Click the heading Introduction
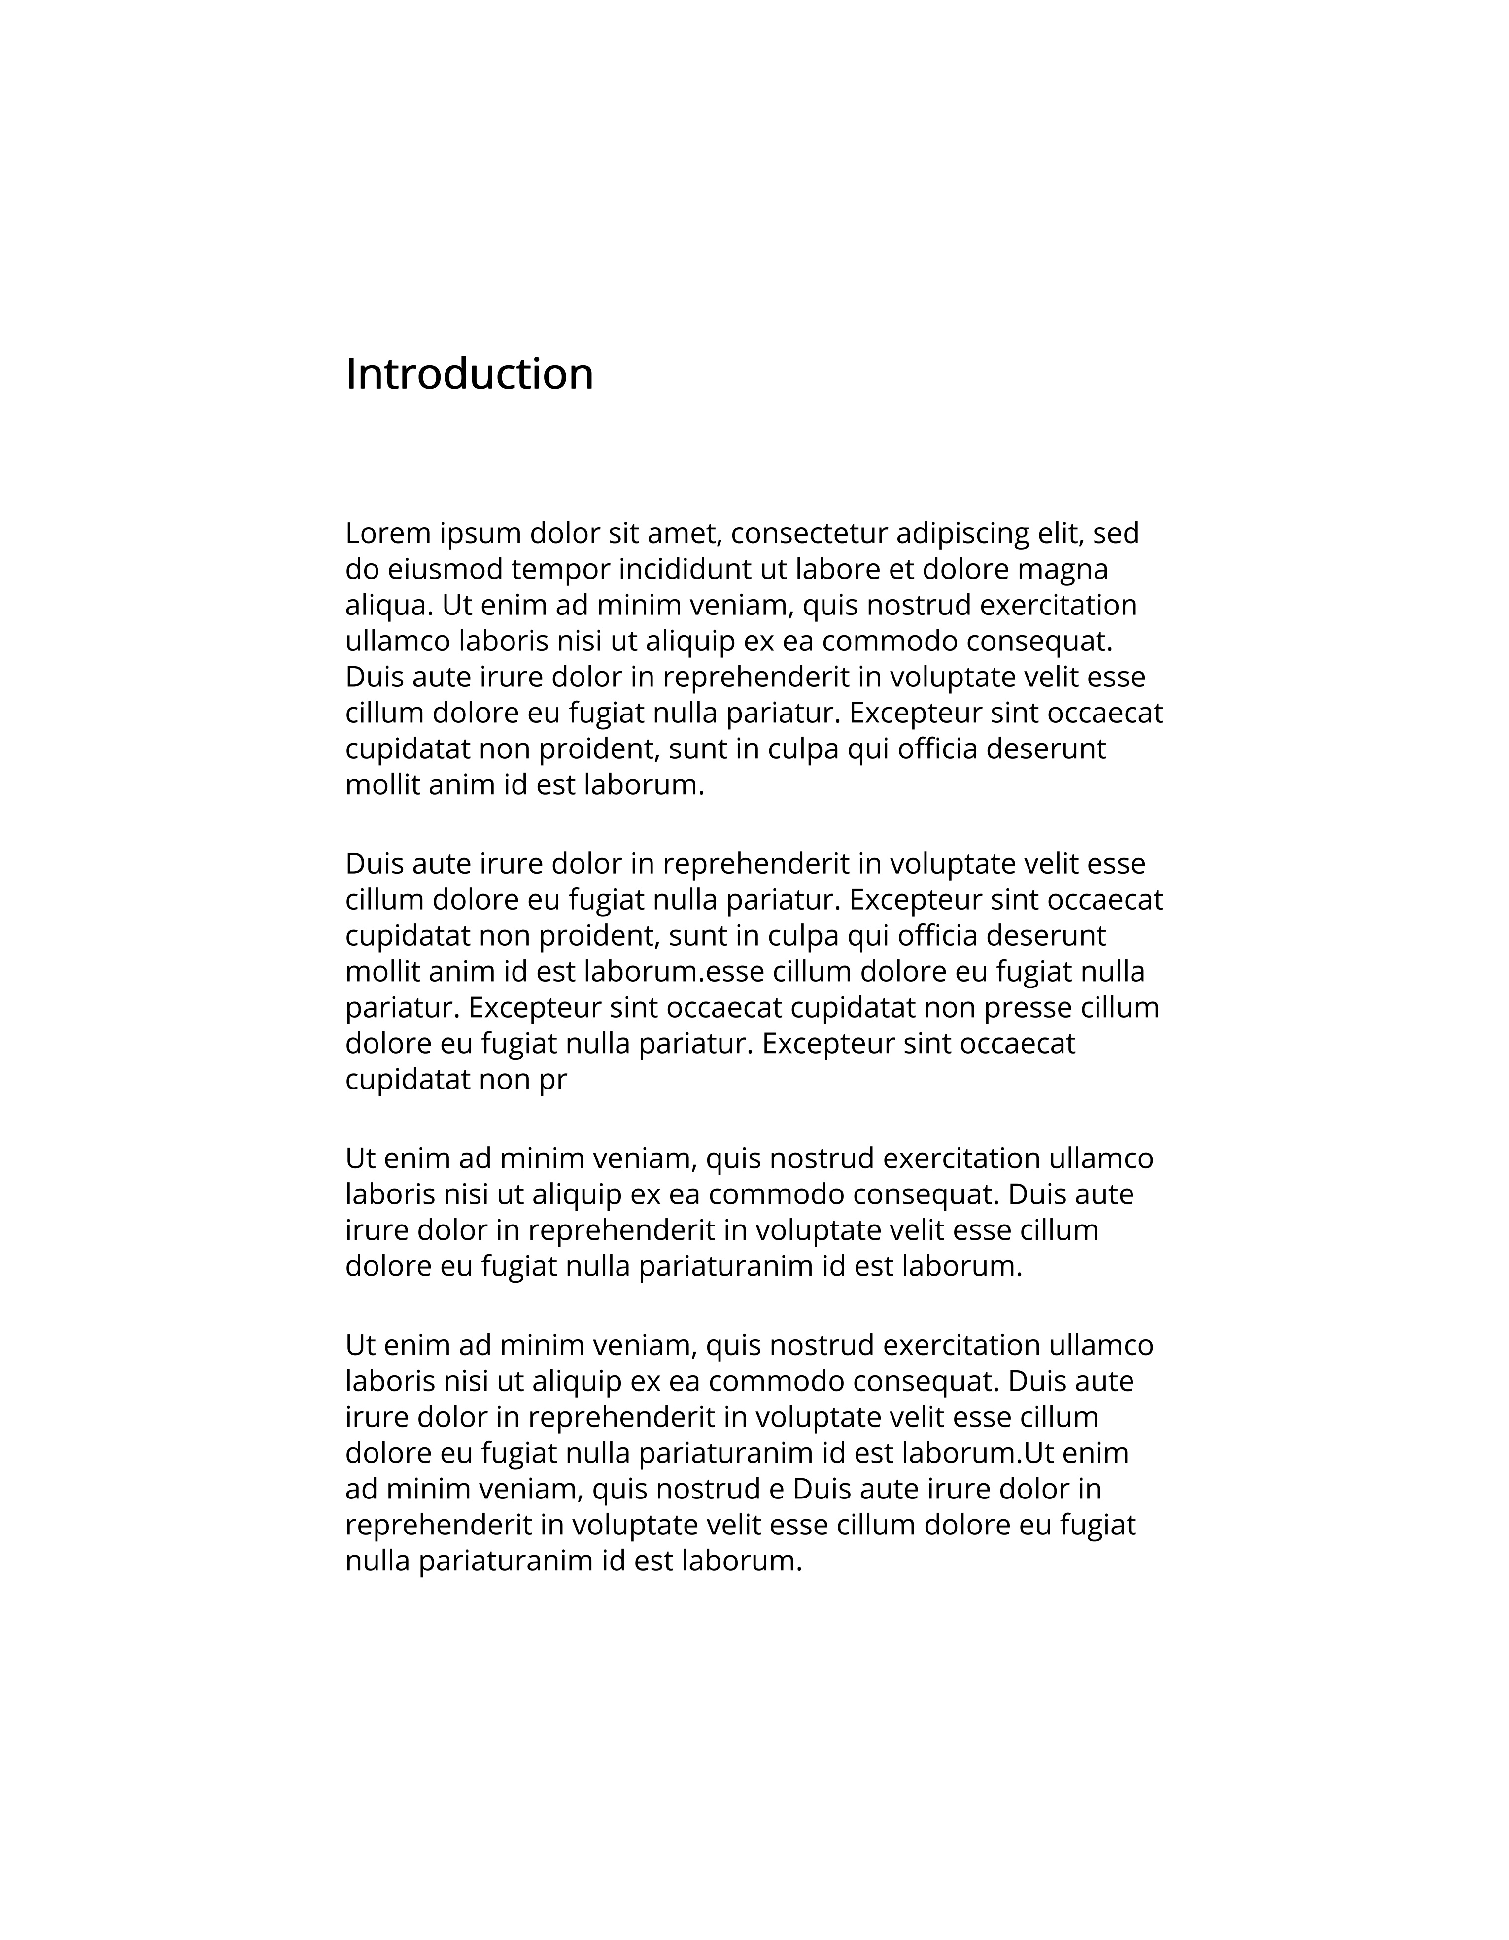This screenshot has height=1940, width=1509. click(x=469, y=374)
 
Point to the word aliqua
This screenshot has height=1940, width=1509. click(x=388, y=606)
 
